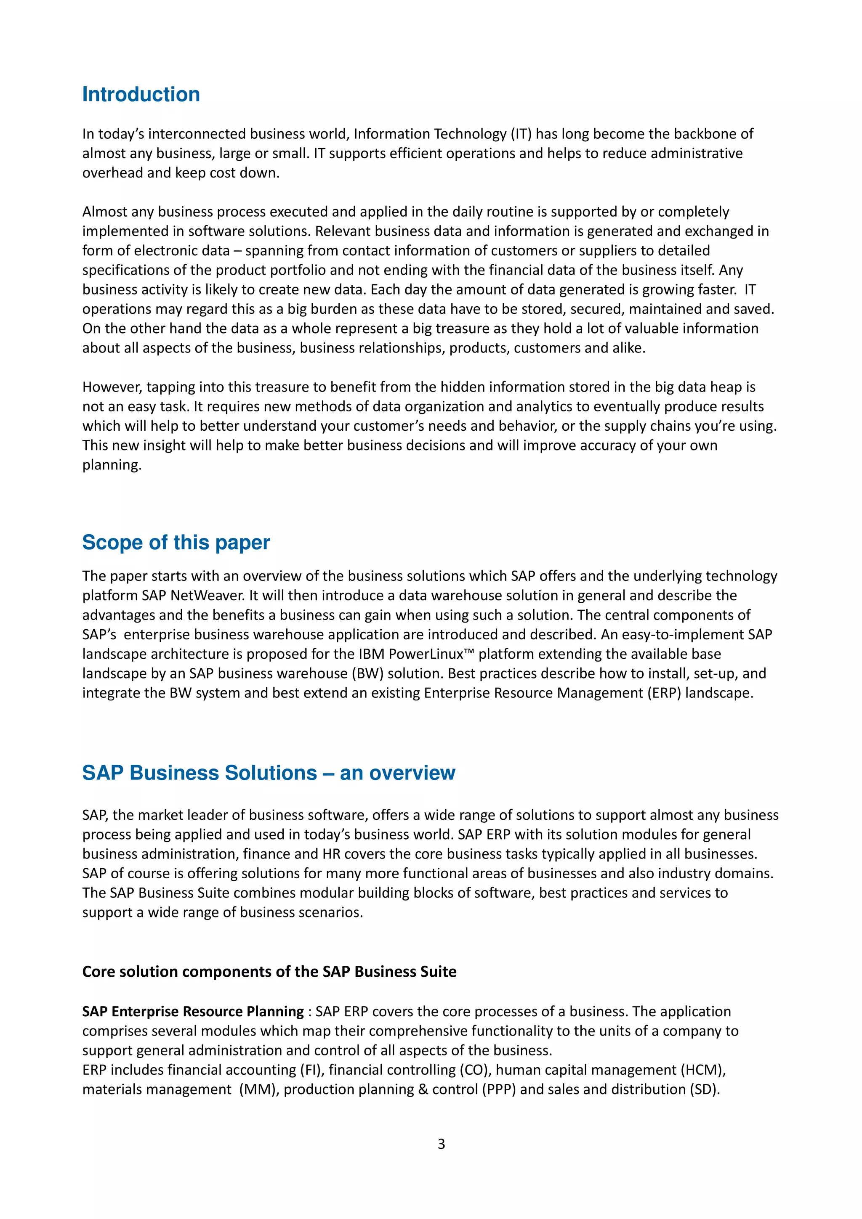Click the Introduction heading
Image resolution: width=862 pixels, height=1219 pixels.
[141, 95]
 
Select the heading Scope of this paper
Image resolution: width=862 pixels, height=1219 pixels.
[176, 543]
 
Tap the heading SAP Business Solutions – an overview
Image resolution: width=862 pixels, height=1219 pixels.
[268, 773]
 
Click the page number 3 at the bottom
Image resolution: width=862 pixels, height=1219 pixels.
[441, 1144]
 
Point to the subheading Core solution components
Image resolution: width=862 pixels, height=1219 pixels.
[269, 972]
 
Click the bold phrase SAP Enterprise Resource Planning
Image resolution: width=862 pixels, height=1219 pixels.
[193, 1011]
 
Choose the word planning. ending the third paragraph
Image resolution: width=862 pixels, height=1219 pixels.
[112, 465]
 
